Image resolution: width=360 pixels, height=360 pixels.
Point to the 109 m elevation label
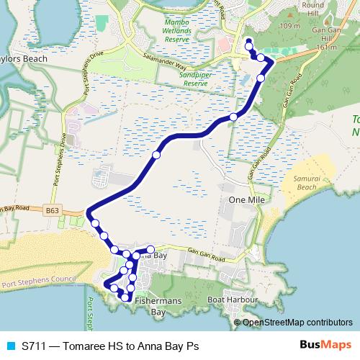coord(291,27)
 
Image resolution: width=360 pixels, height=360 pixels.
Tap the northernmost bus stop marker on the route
coord(248,41)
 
